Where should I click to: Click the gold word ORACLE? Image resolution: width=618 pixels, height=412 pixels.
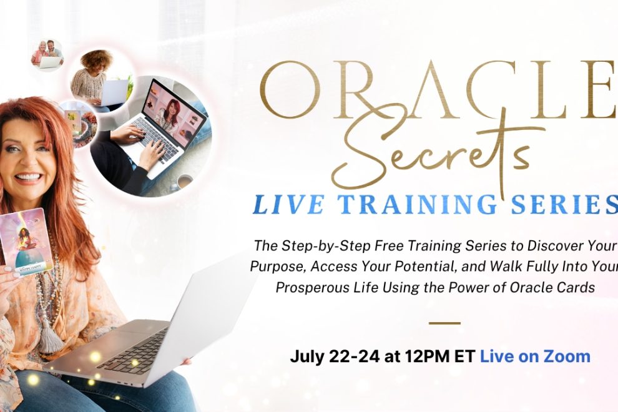[x=438, y=90]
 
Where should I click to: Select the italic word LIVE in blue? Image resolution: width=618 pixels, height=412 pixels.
[x=288, y=205]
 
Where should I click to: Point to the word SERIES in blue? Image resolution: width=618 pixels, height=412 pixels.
[x=564, y=205]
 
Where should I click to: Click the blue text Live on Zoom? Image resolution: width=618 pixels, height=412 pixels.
[x=535, y=356]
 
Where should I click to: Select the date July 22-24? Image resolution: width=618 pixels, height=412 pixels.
[x=335, y=357]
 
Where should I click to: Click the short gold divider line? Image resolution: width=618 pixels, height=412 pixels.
[x=444, y=323]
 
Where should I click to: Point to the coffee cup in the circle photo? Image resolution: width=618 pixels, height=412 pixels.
[x=184, y=182]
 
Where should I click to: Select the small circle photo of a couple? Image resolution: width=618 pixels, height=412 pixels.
[x=47, y=54]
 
